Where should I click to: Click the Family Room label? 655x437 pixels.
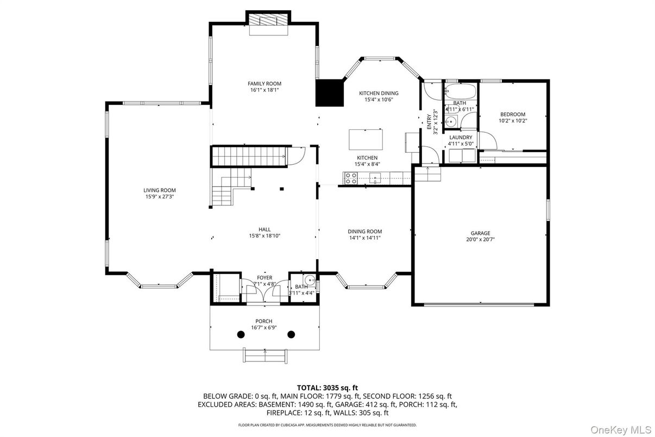click(264, 83)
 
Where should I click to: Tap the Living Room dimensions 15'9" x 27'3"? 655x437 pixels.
click(160, 197)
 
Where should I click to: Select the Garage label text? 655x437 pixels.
click(480, 233)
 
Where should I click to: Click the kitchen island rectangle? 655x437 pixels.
click(366, 139)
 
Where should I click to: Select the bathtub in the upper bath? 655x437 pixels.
click(459, 90)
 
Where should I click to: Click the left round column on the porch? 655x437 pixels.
click(240, 334)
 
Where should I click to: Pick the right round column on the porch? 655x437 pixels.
click(291, 334)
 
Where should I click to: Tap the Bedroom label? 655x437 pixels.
click(513, 114)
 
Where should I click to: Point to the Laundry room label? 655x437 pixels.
click(460, 138)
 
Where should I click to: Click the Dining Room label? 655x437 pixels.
click(365, 232)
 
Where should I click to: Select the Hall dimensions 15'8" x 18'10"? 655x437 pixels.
click(264, 236)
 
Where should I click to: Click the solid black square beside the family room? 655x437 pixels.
click(330, 93)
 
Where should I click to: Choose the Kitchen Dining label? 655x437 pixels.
click(379, 93)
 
